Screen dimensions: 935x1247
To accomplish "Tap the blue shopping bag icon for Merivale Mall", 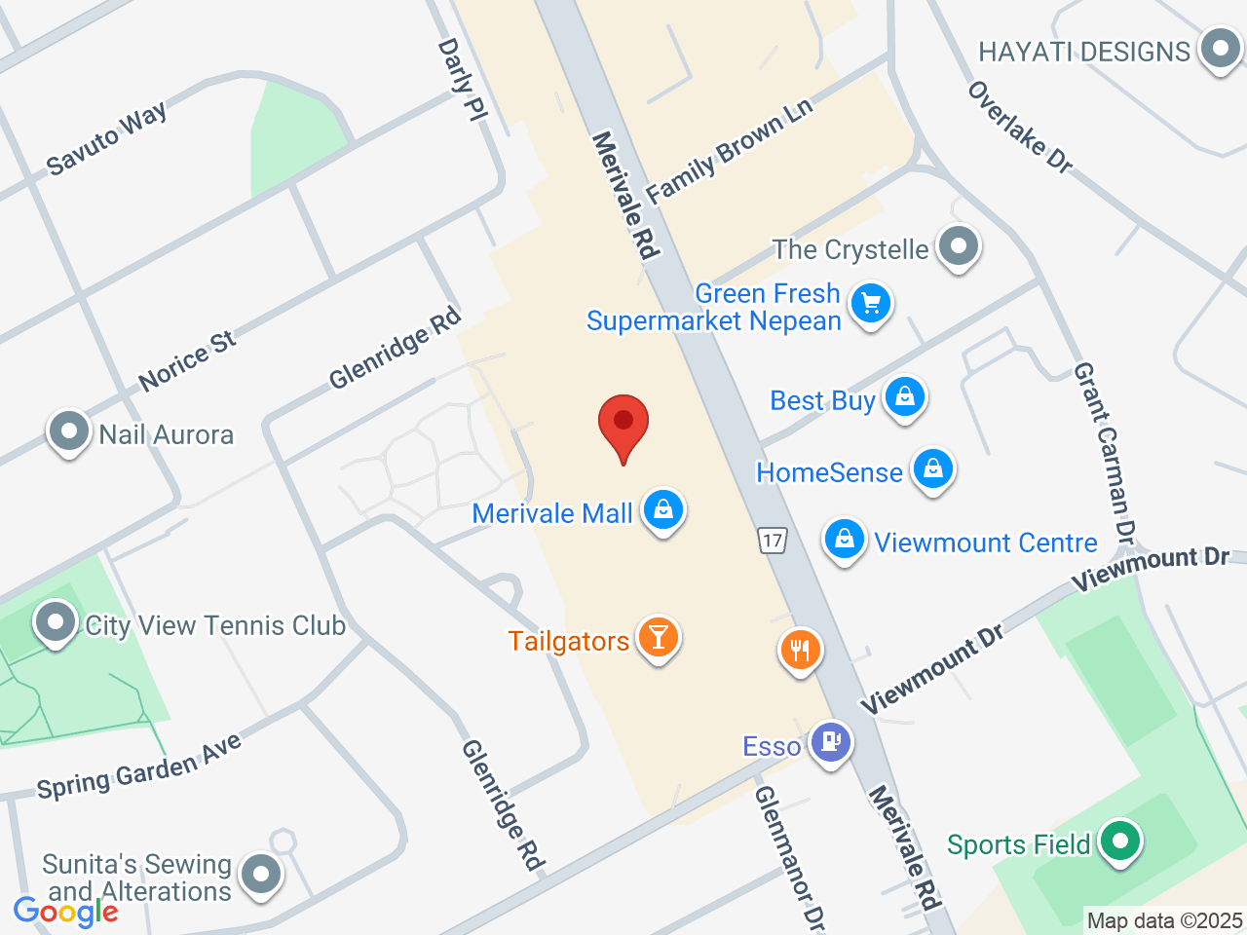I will tap(663, 509).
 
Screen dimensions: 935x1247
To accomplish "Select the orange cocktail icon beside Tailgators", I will tap(659, 637).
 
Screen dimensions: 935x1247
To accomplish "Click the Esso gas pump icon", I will tap(830, 743).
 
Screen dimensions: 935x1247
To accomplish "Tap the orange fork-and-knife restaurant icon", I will tap(800, 649).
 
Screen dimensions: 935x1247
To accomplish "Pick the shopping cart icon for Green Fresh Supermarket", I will tap(871, 303).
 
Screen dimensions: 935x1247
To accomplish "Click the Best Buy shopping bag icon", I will tap(905, 397).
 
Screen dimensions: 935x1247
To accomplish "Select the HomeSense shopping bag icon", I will tap(933, 469).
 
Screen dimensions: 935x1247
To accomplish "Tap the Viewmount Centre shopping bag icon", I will tap(845, 539).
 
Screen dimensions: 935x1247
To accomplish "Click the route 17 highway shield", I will tap(773, 541).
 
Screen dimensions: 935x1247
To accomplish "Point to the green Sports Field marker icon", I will tap(1120, 841).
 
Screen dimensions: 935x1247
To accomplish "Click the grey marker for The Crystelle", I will tap(959, 246).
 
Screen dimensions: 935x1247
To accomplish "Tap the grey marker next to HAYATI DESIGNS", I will tap(1219, 49).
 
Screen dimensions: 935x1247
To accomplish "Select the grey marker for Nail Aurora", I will tap(68, 431).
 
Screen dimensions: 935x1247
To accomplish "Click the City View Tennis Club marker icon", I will tap(55, 622).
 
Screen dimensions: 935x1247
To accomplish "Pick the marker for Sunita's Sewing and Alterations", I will tap(260, 874).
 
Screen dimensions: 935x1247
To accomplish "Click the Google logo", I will tap(66, 913).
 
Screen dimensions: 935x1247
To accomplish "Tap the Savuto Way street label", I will tap(107, 138).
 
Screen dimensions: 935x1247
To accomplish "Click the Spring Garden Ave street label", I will tap(139, 768).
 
